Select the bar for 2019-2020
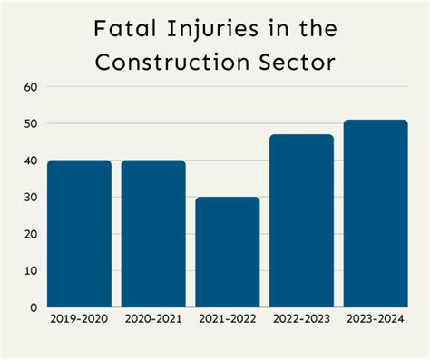[x=79, y=234]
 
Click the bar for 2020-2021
[x=153, y=234]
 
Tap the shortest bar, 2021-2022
[x=228, y=252]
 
